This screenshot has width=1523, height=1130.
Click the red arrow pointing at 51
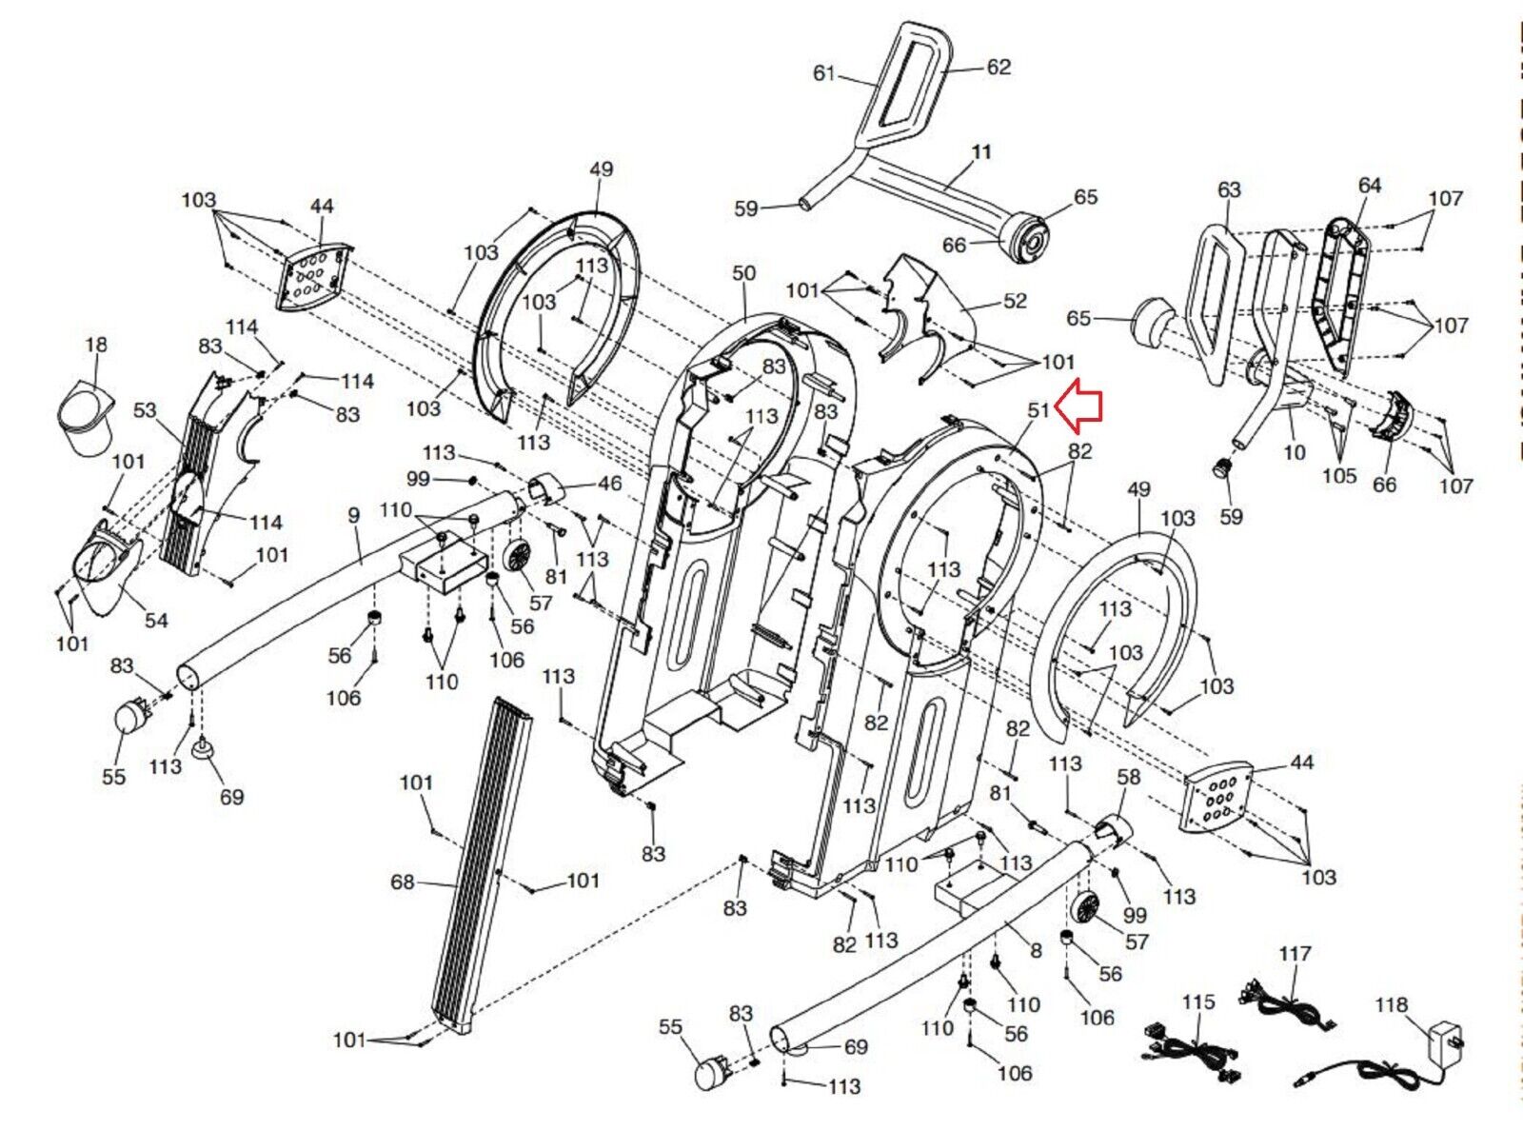[x=1078, y=406]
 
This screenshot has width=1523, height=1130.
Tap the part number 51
[x=1038, y=410]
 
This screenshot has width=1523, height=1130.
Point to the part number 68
[x=403, y=882]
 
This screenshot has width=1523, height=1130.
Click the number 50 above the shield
[x=743, y=272]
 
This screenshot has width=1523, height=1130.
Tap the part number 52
[x=1015, y=301]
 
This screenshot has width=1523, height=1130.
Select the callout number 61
[x=824, y=72]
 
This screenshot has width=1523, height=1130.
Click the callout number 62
[x=999, y=67]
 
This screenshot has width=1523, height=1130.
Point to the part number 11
[x=982, y=151]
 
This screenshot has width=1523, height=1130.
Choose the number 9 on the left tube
[x=354, y=514]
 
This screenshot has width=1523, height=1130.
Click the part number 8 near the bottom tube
[x=1037, y=951]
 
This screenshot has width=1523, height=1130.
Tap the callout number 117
[x=1295, y=954]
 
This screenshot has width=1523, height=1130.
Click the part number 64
[x=1369, y=185]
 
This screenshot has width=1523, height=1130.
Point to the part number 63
[x=1229, y=189]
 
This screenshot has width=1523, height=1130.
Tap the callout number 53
[x=145, y=410]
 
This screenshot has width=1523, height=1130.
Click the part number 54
[x=156, y=621]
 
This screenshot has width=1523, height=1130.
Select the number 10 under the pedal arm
[x=1295, y=453]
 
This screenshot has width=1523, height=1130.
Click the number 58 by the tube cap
[x=1128, y=777]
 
